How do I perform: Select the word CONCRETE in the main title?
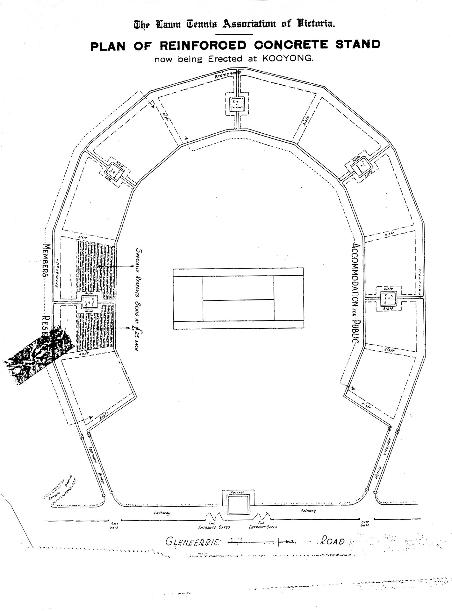(x=291, y=45)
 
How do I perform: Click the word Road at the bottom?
(x=332, y=541)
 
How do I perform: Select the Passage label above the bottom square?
(x=238, y=492)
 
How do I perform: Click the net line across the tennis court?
(x=238, y=300)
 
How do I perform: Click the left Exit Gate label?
(x=114, y=525)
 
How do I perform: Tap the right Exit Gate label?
(x=365, y=523)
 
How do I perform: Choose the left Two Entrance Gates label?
(x=214, y=525)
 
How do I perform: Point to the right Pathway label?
(x=308, y=510)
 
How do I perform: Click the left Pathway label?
(x=162, y=513)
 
